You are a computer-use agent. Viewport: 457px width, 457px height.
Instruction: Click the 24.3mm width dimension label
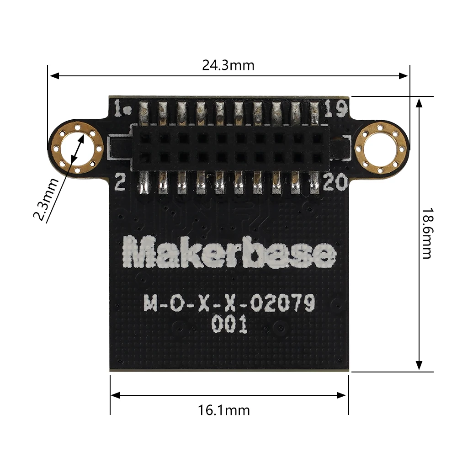coord(228,65)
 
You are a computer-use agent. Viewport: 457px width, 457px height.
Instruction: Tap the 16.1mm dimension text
coord(224,410)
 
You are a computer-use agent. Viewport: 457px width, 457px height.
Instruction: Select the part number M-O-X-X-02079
coord(229,303)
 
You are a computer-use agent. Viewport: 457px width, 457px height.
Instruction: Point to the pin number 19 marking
coord(335,109)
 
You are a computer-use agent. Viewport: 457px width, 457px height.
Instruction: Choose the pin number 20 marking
coord(335,184)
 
